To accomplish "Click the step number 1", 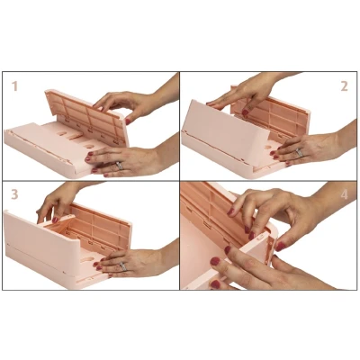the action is click(14, 86).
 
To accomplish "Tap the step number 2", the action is click(344, 86).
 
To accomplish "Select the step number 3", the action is click(14, 194).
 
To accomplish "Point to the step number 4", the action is click(345, 194).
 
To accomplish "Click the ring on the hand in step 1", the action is click(119, 166).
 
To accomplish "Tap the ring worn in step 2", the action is click(299, 152).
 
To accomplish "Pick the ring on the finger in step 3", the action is click(123, 266).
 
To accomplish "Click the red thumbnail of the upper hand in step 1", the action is click(128, 121).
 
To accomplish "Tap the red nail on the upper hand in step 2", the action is click(245, 112).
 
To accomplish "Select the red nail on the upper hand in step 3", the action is click(55, 220).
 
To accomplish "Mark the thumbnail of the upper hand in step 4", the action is click(281, 247).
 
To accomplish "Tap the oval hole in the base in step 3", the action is click(87, 258).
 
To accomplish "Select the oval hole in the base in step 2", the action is click(268, 148).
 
